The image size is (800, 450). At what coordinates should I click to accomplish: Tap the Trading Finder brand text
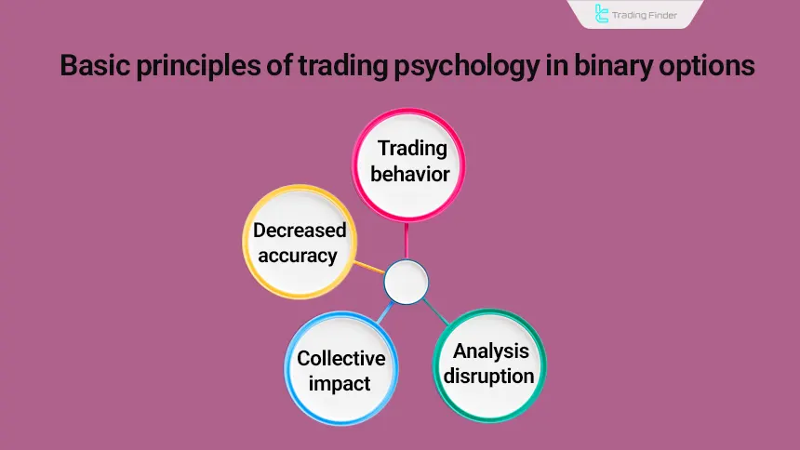point(649,15)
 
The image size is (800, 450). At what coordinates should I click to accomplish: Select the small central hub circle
point(405,282)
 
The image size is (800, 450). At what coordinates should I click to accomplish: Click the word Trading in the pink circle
point(410,149)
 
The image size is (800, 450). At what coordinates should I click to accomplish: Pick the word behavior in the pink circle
point(410,174)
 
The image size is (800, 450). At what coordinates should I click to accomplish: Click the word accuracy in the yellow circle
point(298,254)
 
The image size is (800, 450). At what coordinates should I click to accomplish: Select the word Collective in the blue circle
point(340,359)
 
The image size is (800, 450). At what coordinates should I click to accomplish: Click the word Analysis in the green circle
point(490,351)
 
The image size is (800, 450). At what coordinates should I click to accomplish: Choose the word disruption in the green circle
point(489,376)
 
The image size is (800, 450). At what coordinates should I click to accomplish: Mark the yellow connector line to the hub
point(370,268)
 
